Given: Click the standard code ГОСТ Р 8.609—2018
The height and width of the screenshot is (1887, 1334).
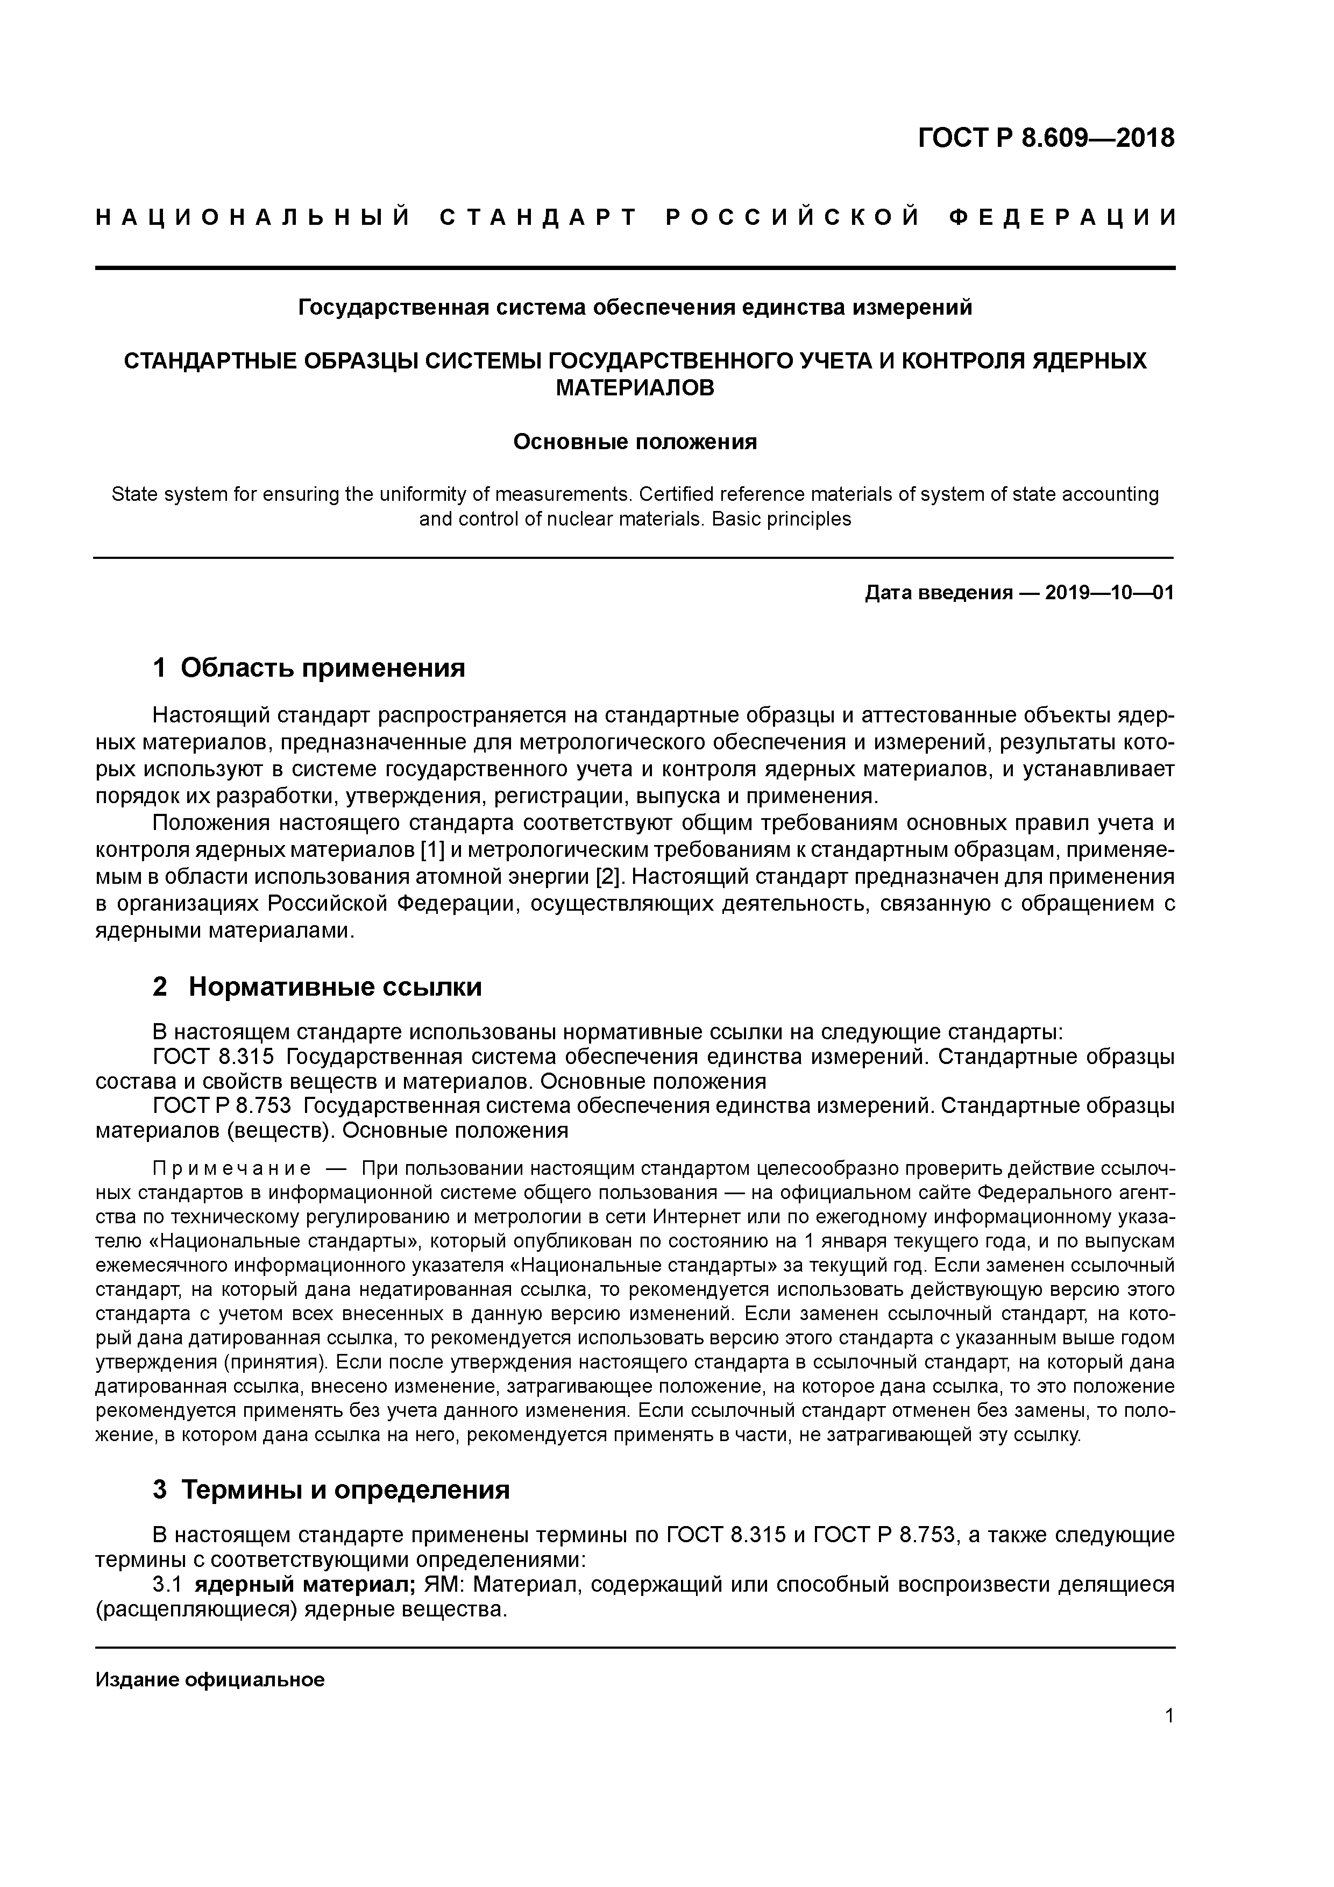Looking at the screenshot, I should pyautogui.click(x=1046, y=138).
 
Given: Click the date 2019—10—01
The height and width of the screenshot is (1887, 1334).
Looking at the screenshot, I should pyautogui.click(x=1110, y=593).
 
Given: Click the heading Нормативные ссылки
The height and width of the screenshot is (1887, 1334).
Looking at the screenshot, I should pyautogui.click(x=335, y=987).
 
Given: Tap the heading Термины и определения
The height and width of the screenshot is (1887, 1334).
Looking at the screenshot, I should pyautogui.click(x=345, y=1489).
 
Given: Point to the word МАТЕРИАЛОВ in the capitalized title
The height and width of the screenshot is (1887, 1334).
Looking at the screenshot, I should pyautogui.click(x=635, y=388).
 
